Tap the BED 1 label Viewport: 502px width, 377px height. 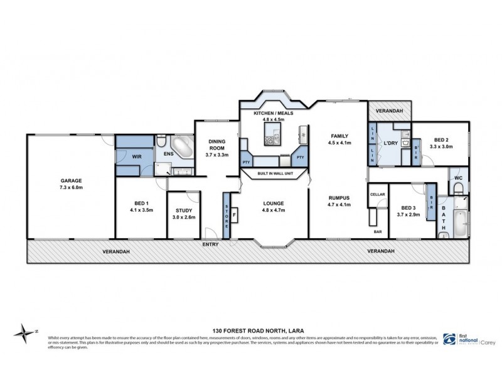141,203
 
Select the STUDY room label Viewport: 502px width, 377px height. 184,210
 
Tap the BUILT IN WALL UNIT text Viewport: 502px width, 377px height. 274,173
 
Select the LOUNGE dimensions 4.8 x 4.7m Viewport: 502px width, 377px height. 274,211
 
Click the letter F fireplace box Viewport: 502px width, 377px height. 235,216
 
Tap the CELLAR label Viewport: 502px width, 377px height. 376,195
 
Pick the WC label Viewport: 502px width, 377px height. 457,178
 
